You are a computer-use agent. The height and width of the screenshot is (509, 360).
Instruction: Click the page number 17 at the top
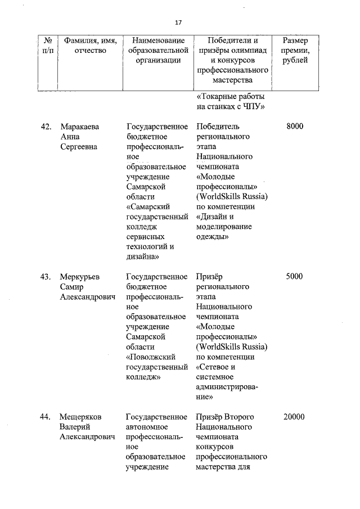[178, 22]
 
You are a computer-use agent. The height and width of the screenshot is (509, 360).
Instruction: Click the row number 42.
[46, 126]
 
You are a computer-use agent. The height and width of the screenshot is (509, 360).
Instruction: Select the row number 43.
[46, 276]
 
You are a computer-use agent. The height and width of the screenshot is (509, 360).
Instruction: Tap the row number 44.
[46, 417]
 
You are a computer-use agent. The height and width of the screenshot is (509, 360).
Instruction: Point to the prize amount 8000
[295, 126]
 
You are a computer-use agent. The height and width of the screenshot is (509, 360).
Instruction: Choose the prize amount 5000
[295, 276]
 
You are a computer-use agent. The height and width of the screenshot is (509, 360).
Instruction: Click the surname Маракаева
[79, 126]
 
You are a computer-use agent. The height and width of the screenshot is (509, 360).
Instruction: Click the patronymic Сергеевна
[78, 146]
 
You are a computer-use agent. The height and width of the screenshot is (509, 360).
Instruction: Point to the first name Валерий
[75, 427]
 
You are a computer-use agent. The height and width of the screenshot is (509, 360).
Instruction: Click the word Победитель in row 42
[218, 126]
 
